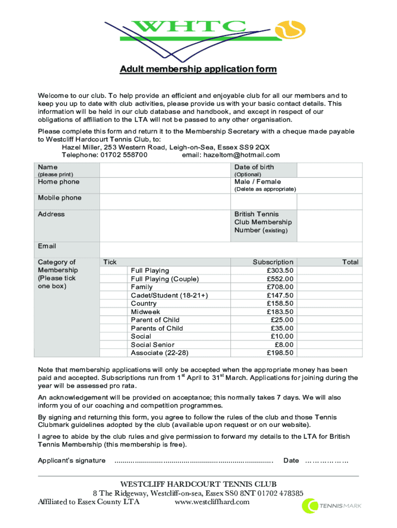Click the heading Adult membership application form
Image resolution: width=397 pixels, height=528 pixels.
[198, 70]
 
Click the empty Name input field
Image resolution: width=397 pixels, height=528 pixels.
[164, 170]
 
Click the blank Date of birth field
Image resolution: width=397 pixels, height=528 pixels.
[329, 170]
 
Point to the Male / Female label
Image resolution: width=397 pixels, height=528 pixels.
[257, 181]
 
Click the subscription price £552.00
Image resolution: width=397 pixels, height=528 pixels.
[280, 278]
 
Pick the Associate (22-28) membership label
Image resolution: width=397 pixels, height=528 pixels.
[159, 353]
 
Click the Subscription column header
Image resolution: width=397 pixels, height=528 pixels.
[273, 262]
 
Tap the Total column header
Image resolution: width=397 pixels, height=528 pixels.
[350, 262]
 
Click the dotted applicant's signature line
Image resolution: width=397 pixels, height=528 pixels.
[193, 460]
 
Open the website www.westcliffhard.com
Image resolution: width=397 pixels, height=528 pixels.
[212, 502]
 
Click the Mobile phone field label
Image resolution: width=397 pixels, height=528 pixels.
[59, 198]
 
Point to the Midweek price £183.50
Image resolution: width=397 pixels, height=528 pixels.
[280, 311]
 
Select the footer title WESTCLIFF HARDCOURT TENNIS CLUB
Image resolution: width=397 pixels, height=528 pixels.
[198, 484]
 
